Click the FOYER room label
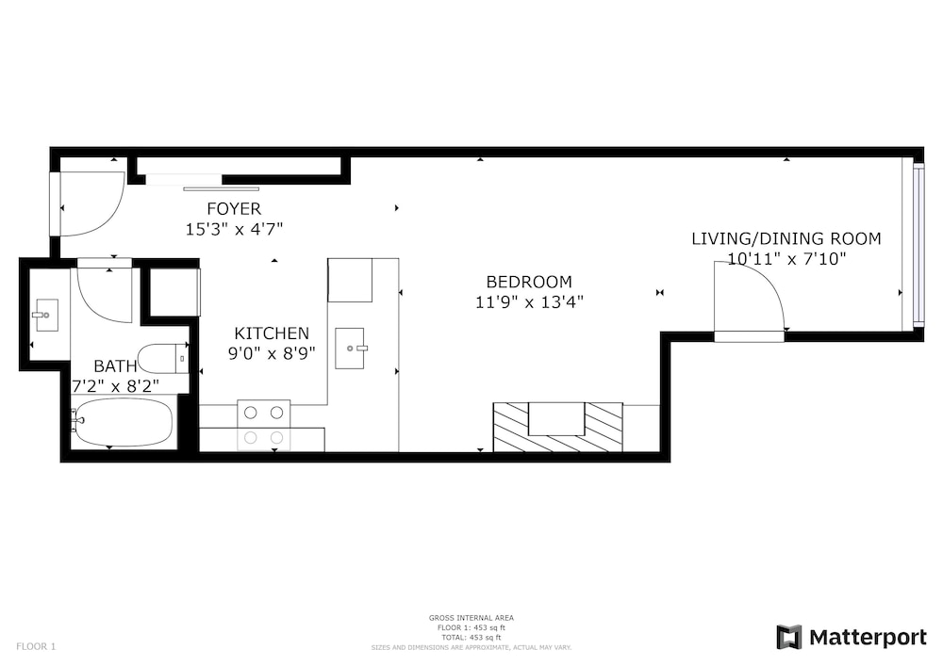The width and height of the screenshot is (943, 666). coord(234,209)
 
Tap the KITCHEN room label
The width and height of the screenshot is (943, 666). coord(272,333)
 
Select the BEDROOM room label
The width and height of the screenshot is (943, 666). coord(529,282)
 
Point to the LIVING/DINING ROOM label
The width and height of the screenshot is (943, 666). coord(786,239)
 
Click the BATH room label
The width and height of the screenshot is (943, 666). coord(115,365)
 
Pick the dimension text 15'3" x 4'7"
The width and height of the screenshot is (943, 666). coord(234,230)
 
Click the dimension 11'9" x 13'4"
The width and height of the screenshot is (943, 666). coord(529,302)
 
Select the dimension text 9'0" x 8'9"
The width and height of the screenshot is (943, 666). coord(272,353)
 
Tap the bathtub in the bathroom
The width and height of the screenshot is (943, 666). coord(124,423)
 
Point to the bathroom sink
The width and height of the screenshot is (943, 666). coord(45,315)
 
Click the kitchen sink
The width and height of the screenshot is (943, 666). coord(350,349)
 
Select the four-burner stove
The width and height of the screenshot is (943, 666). coord(263,425)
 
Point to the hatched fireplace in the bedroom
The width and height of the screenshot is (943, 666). coord(557,427)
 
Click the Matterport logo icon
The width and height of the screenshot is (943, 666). coord(789,637)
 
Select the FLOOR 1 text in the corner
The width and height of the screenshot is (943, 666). coord(36,647)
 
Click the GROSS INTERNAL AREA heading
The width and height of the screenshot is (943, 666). coord(471,618)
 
